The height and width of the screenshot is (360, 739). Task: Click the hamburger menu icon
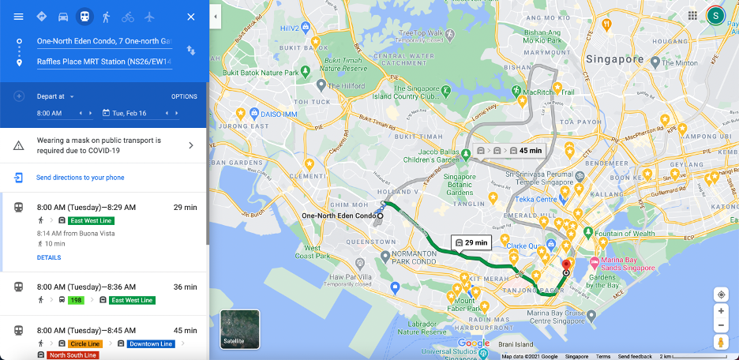[x=19, y=17]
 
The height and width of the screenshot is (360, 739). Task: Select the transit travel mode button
[x=84, y=17]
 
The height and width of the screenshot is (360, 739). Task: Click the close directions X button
[x=190, y=17]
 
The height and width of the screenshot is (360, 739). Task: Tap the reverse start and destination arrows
[x=190, y=51]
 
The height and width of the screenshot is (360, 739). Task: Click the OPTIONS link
[x=184, y=96]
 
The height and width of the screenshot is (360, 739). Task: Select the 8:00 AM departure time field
[x=50, y=114]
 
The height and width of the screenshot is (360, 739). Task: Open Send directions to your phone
[x=80, y=178]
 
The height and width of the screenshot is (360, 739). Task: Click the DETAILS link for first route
[x=48, y=257]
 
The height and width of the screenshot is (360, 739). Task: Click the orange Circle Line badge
[x=84, y=344]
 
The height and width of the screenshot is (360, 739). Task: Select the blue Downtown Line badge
[x=150, y=344]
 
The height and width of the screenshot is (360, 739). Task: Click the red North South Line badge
[x=73, y=355]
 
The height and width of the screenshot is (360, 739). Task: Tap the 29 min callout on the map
[x=471, y=242]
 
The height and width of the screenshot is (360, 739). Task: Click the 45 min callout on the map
[x=524, y=150]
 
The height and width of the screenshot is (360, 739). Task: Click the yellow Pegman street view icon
[x=721, y=342]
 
